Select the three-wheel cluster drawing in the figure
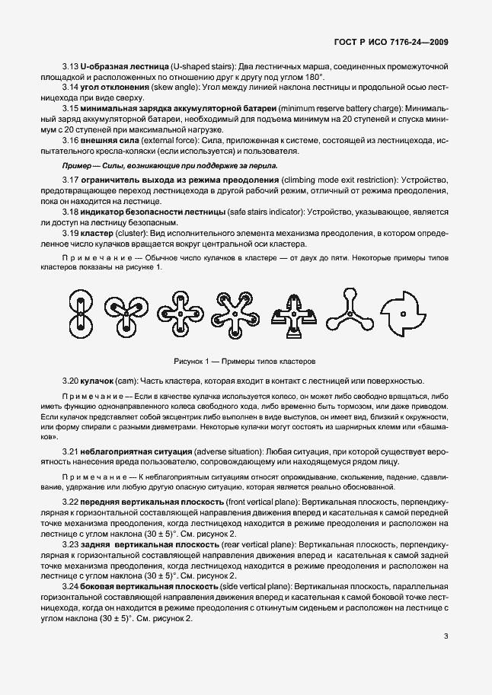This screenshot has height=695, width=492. (x=126, y=314)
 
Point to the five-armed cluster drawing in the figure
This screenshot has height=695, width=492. (x=235, y=314)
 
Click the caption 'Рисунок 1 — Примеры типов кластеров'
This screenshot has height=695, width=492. (x=244, y=360)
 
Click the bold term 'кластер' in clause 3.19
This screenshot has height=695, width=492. (x=96, y=232)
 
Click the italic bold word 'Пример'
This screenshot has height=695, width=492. (x=77, y=164)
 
